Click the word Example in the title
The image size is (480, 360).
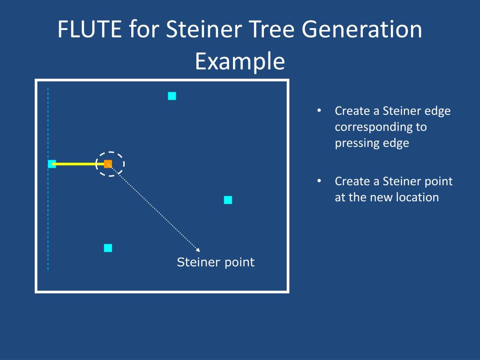pyautogui.click(x=240, y=61)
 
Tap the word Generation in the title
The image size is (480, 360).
pyautogui.click(x=361, y=30)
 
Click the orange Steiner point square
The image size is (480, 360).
pyautogui.click(x=108, y=164)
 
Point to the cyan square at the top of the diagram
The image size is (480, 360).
pyautogui.click(x=172, y=96)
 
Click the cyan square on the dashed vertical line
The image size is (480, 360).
pyautogui.click(x=52, y=164)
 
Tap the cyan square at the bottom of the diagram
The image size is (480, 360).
pyautogui.click(x=108, y=248)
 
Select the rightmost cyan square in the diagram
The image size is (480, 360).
pyautogui.click(x=228, y=200)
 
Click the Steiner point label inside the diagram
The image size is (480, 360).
pyautogui.click(x=216, y=262)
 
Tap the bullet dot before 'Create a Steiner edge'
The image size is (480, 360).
pyautogui.click(x=319, y=111)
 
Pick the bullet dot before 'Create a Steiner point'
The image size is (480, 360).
pyautogui.click(x=319, y=181)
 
